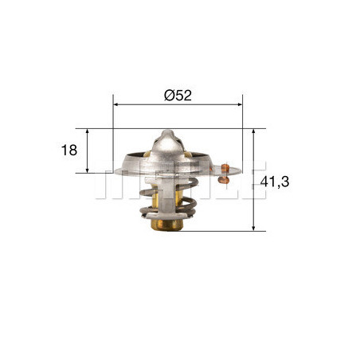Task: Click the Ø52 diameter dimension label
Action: point(178,94)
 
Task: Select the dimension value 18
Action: point(70,150)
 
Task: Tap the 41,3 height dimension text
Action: point(274,182)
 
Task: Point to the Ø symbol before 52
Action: point(169,94)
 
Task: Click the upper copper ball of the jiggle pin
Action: point(226,167)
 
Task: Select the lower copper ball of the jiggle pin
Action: point(227,180)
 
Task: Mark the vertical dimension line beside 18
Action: point(88,150)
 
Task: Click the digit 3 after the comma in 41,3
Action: point(284,182)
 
